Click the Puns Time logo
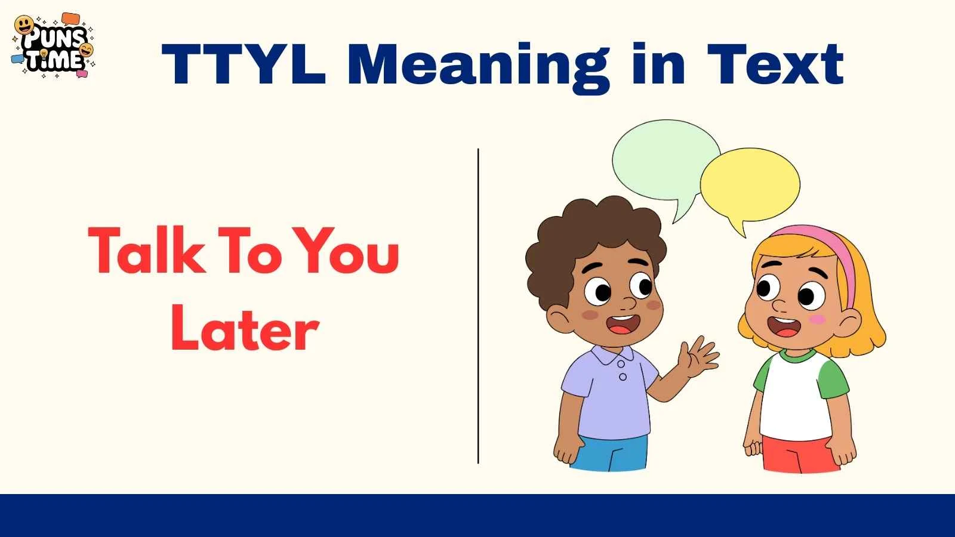54,47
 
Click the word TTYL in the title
244,64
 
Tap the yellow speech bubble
750,185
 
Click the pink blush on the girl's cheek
816,320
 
